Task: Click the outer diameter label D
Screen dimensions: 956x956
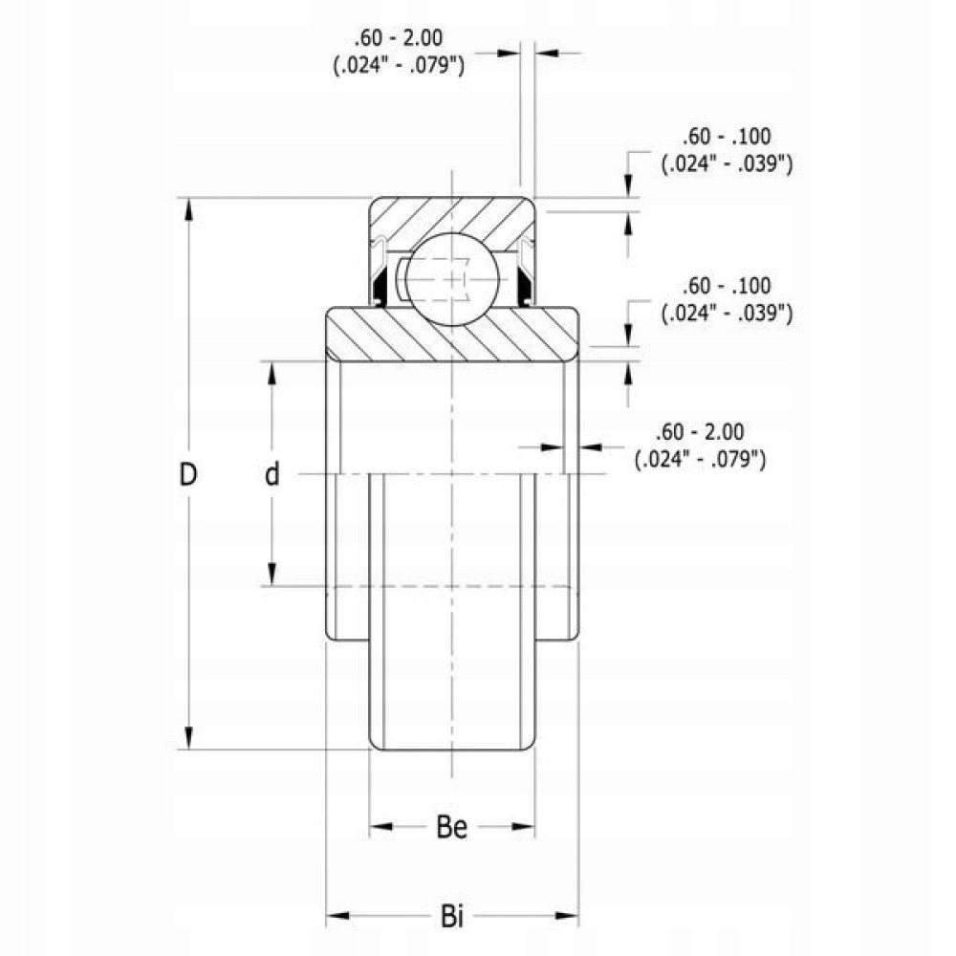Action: pos(189,474)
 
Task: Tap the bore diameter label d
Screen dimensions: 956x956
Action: pos(272,474)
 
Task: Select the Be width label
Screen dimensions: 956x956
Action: pos(452,828)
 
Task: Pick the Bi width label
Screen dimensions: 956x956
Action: pos(452,919)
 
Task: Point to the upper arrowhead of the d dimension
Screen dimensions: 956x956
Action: pos(272,374)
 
